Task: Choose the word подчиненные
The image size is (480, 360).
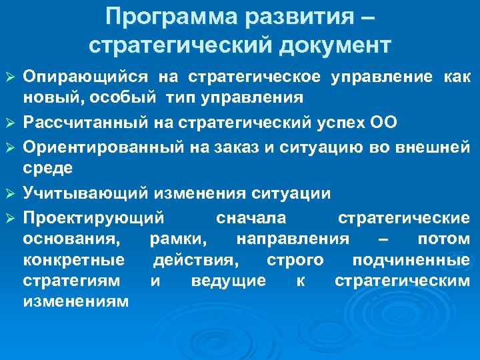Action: coord(411,259)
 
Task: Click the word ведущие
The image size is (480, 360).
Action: coord(228,280)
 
